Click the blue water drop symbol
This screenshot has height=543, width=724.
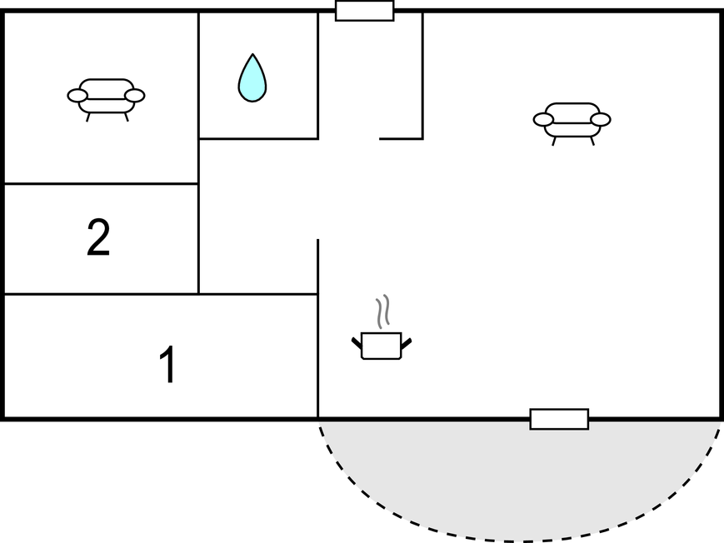(x=252, y=78)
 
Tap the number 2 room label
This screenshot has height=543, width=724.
(x=98, y=237)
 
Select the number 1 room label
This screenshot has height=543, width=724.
(x=168, y=364)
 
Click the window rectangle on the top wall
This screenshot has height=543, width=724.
(x=365, y=11)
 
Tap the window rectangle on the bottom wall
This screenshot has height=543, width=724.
(x=559, y=419)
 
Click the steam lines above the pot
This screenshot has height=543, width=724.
(x=382, y=311)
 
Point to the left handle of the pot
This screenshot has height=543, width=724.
(x=357, y=343)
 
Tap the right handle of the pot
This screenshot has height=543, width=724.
(x=406, y=343)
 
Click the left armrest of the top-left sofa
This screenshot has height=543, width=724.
(x=77, y=96)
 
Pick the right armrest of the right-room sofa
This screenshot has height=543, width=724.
(x=601, y=120)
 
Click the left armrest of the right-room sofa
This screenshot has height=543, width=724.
(x=543, y=120)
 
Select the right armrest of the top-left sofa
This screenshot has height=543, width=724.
(x=135, y=96)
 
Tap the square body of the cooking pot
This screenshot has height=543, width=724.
(x=382, y=346)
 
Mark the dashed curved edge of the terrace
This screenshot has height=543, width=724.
(x=519, y=540)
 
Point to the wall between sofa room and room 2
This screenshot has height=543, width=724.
(x=102, y=184)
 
